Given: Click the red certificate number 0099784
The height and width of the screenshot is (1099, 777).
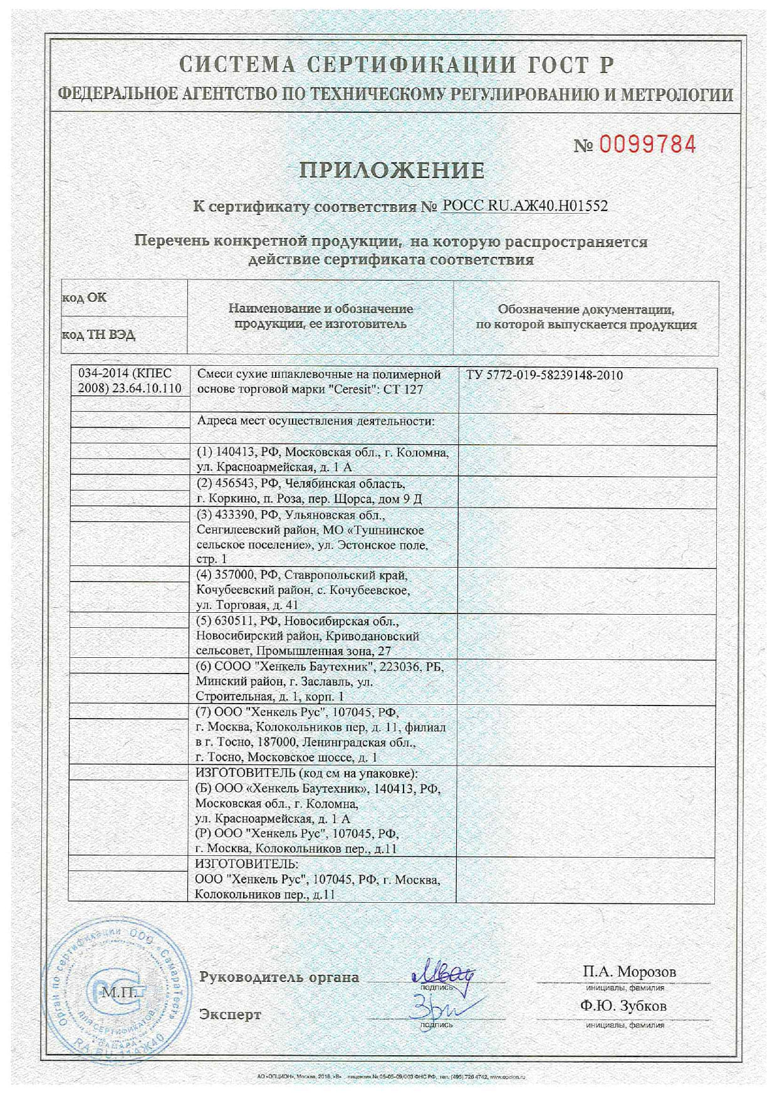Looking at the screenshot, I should (x=648, y=145).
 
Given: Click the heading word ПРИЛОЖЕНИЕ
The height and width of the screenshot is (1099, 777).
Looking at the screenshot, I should (x=392, y=170).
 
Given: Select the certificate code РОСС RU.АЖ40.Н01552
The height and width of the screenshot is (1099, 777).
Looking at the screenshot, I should (x=524, y=206).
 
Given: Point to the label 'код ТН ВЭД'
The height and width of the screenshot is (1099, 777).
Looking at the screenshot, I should (x=98, y=335).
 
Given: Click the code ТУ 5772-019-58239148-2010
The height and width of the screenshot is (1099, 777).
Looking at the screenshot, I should (x=545, y=375).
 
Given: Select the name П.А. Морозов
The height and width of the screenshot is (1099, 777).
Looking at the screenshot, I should (x=629, y=972).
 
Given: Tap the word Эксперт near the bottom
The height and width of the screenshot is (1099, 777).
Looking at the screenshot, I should (x=230, y=1014).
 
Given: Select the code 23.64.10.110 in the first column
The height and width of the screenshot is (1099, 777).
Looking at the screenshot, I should (x=147, y=388).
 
